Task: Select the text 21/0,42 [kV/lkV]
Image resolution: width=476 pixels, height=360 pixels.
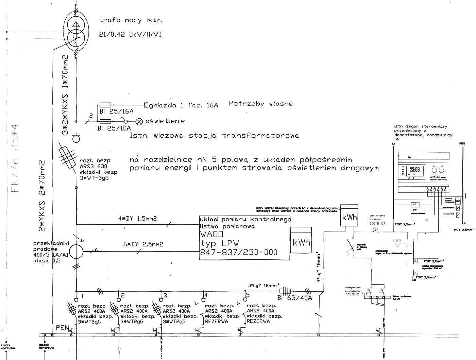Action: pyautogui.click(x=131, y=34)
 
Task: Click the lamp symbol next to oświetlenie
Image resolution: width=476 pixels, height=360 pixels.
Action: pyautogui.click(x=139, y=121)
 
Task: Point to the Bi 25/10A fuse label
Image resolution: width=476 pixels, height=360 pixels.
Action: pyautogui.click(x=114, y=128)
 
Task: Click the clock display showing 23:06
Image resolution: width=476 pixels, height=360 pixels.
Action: pyautogui.click(x=415, y=170)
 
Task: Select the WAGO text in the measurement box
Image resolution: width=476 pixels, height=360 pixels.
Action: pyautogui.click(x=211, y=235)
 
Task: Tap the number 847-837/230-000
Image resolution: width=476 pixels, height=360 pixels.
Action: pyautogui.click(x=239, y=252)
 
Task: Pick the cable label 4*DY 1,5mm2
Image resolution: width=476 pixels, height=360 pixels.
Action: pyautogui.click(x=137, y=219)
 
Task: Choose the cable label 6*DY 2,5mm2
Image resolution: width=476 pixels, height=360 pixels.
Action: pyautogui.click(x=143, y=244)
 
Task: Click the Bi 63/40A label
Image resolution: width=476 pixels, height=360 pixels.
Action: pyautogui.click(x=294, y=298)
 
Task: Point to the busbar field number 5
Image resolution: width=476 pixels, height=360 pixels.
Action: pyautogui.click(x=248, y=294)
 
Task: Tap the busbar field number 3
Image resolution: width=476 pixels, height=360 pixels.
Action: pyautogui.click(x=165, y=295)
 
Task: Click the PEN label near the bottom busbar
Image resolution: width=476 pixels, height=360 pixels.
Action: pyautogui.click(x=62, y=328)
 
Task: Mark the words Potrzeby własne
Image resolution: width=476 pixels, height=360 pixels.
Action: pyautogui.click(x=260, y=104)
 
